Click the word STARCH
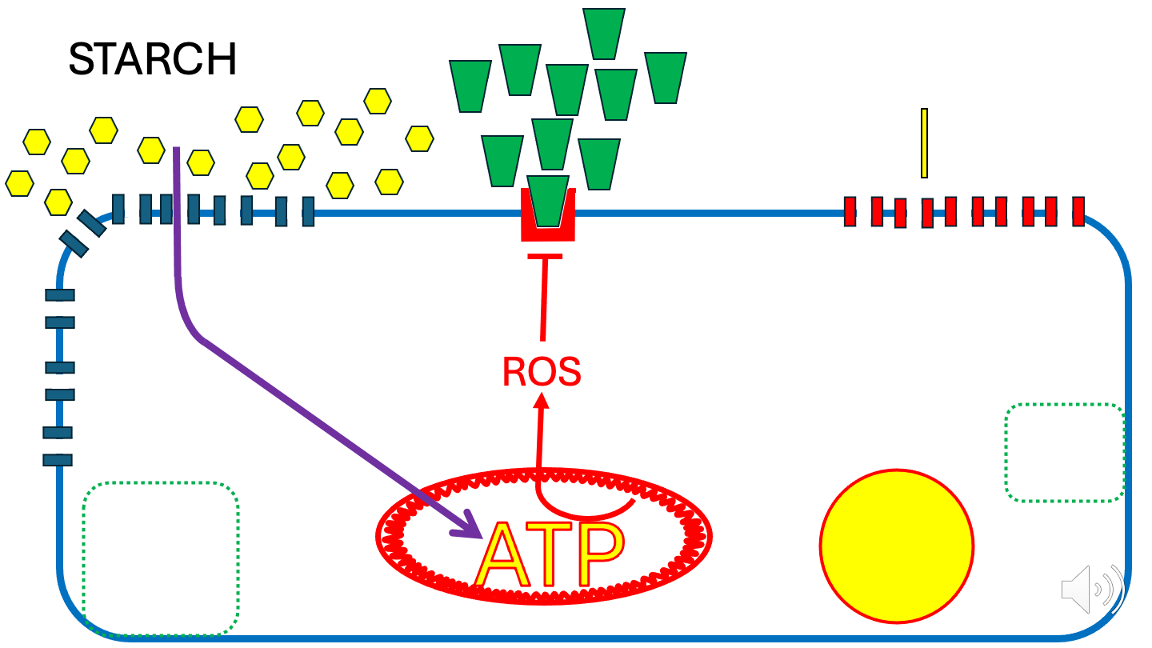click(152, 59)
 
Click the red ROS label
click(541, 372)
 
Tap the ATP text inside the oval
click(549, 554)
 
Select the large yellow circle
click(897, 547)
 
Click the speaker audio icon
click(1092, 590)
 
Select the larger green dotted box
click(161, 558)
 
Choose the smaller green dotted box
click(1065, 452)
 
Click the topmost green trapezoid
click(604, 33)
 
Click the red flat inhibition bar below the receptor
click(545, 256)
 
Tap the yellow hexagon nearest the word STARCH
click(104, 130)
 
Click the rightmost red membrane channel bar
click(1078, 211)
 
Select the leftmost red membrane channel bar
click(851, 212)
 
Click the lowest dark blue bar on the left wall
click(58, 459)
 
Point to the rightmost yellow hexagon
click(420, 138)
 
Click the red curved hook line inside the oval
click(584, 510)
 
